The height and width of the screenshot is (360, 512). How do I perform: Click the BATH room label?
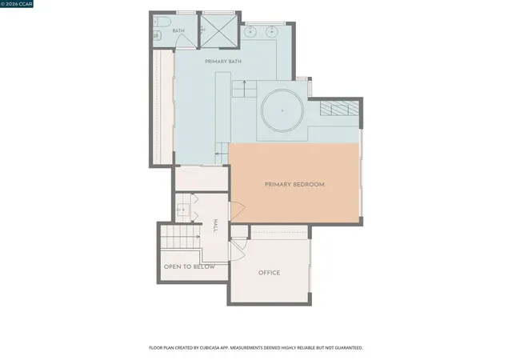coord(178,30)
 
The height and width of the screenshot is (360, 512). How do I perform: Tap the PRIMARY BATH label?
coord(223,62)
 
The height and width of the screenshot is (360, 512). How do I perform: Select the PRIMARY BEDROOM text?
coord(294,185)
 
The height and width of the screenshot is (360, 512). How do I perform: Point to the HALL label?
coord(215,226)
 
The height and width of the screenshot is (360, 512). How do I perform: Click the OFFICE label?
coord(270,273)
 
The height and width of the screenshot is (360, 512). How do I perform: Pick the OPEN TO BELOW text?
coord(190,267)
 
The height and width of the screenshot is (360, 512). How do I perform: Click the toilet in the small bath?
coord(162,22)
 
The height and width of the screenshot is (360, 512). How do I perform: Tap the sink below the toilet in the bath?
coord(157,34)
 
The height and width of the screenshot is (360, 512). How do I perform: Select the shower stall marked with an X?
coord(218,31)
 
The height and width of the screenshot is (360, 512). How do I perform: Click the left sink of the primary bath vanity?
coord(250,31)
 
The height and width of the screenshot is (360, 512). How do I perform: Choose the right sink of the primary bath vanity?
coord(272,31)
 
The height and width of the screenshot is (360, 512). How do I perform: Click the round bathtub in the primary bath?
coord(282,110)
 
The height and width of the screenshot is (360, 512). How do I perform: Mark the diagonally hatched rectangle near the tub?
coord(339,108)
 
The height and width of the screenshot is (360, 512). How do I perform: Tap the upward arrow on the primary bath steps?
coord(244,86)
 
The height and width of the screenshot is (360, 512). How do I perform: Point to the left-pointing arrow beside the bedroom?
coord(222,154)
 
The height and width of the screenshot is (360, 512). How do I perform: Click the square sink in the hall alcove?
coord(183,209)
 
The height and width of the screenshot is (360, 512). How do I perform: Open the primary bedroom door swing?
coord(238,211)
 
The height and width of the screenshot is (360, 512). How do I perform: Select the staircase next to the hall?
coord(180,237)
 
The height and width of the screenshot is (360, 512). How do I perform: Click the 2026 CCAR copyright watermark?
coord(16,4)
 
